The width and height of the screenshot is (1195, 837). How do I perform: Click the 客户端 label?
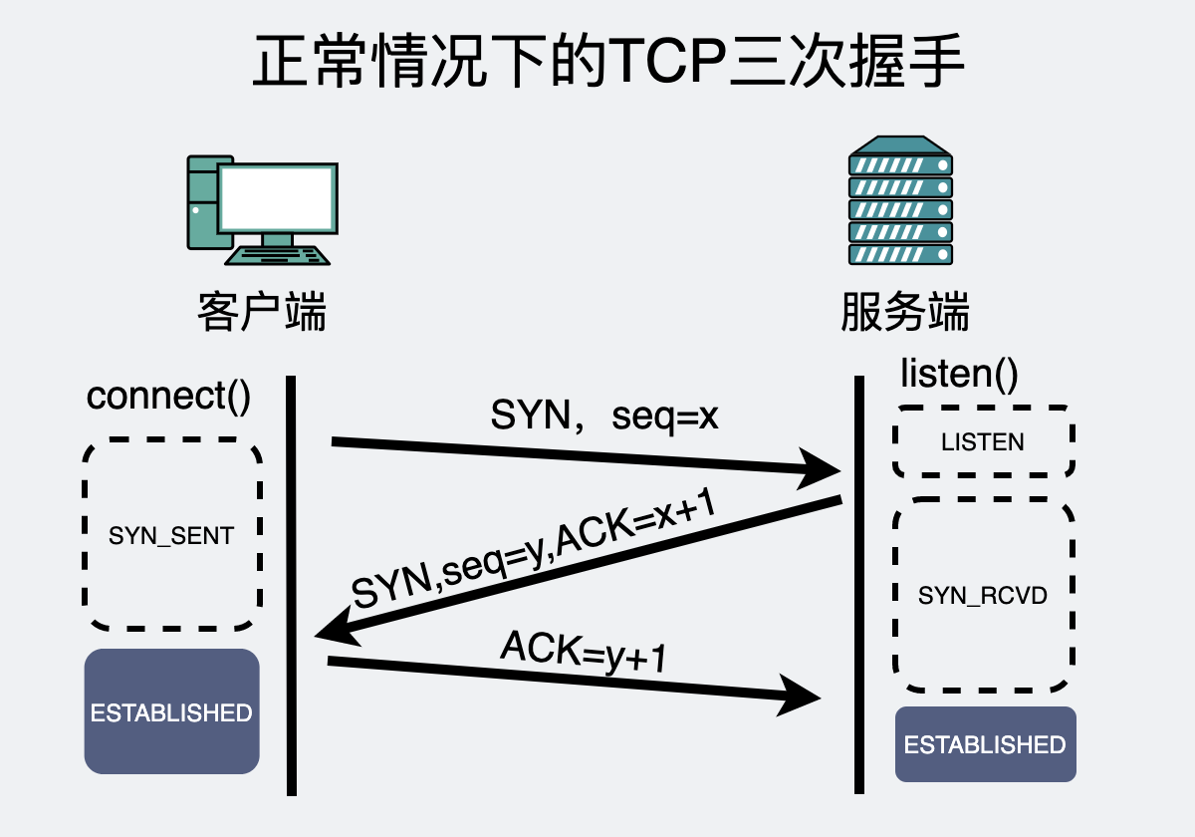point(262,312)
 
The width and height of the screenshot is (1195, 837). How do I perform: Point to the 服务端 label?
point(904,312)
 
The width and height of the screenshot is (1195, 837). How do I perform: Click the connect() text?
point(168,396)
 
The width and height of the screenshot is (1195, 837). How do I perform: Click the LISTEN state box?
point(983,441)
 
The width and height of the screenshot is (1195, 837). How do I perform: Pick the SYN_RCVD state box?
point(983,596)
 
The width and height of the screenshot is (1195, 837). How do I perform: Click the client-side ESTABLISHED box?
point(171,711)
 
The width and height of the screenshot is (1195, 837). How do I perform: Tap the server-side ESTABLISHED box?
point(985,744)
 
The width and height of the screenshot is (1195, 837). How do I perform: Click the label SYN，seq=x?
point(604,416)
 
